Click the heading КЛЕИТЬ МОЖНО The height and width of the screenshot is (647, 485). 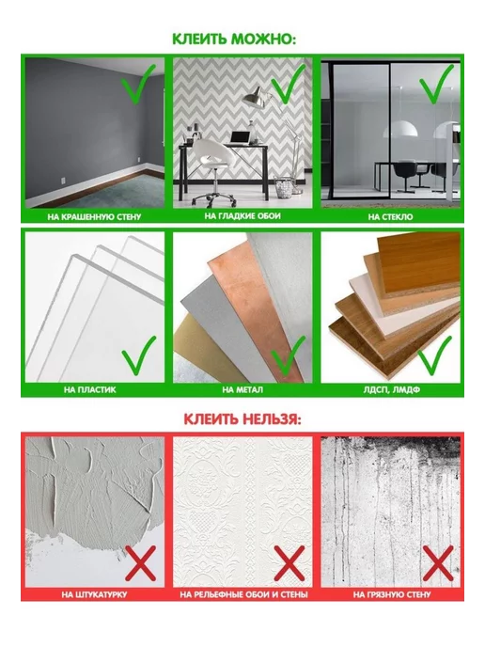pos(234,39)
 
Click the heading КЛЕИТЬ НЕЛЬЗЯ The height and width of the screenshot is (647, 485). pos(242,419)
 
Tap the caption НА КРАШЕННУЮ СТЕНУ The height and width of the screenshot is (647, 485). pos(94,216)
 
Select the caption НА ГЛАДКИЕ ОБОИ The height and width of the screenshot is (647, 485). pos(242,215)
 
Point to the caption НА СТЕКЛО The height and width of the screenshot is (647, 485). pos(390,216)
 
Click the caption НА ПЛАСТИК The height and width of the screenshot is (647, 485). pos(90,389)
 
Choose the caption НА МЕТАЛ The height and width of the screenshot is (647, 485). pos(242,389)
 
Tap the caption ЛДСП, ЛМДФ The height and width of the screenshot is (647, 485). pos(391,389)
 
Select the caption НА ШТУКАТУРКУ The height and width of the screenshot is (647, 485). pos(94,594)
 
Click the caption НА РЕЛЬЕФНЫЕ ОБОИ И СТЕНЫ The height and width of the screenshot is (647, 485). pos(243,594)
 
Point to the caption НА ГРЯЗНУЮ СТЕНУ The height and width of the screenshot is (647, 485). pos(391,594)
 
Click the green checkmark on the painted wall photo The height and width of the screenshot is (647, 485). pos(138,84)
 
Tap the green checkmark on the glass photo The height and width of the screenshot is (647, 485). pos(436,84)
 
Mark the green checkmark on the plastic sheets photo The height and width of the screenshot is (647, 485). pos(139,355)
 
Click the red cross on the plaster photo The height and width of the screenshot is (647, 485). pos(141,563)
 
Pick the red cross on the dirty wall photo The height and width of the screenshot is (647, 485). pos(438,563)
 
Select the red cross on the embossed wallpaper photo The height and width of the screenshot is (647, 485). pos(289,563)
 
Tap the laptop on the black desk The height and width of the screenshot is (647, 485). pos(241,138)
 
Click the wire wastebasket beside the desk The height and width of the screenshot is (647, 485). pos(284,188)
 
